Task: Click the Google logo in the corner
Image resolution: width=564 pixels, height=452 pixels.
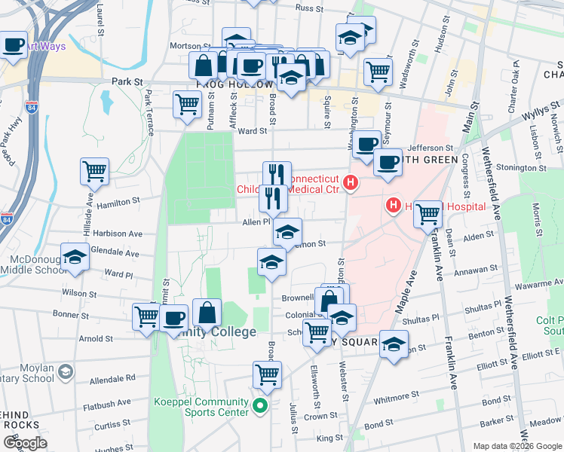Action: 25,443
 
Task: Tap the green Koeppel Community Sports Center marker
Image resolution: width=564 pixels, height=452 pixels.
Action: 261,406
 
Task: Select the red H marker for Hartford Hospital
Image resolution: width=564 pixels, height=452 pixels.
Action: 393,205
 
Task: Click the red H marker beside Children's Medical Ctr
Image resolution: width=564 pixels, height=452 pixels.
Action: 350,182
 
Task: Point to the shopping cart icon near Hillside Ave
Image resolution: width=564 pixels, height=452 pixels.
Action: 94,172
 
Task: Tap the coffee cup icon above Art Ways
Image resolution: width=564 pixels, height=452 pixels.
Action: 13,45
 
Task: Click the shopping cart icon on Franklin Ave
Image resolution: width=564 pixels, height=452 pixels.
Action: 428,213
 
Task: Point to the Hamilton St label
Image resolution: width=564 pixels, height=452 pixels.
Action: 119,202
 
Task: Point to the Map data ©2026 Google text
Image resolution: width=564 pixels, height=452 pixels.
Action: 516,446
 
